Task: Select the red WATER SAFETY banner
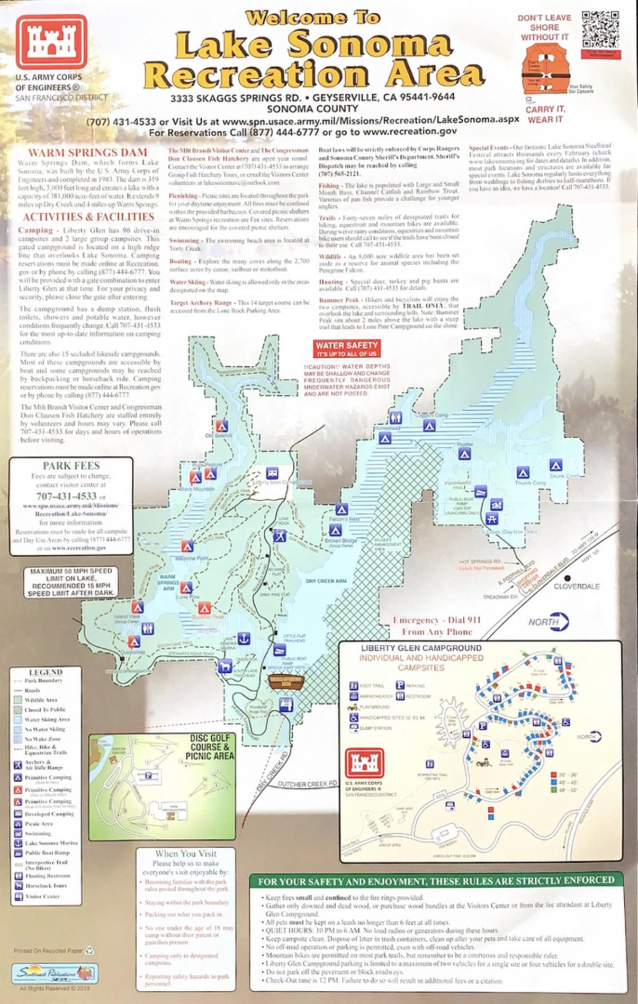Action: (x=347, y=349)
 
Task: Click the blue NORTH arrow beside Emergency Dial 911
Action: (x=549, y=622)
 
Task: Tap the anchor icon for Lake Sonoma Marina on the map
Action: (x=243, y=638)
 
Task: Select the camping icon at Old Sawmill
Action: (x=222, y=426)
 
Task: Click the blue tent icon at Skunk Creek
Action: (x=555, y=465)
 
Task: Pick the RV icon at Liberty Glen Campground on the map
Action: (x=272, y=473)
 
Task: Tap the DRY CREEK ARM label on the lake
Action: (x=326, y=581)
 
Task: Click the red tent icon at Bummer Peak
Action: (x=204, y=608)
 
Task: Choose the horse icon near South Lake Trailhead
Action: (x=225, y=666)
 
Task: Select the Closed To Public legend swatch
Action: (x=17, y=710)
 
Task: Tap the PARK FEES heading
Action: (x=71, y=466)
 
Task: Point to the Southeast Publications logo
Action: (x=55, y=972)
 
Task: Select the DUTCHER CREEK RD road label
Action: (x=307, y=784)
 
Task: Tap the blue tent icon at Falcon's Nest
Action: (x=340, y=510)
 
